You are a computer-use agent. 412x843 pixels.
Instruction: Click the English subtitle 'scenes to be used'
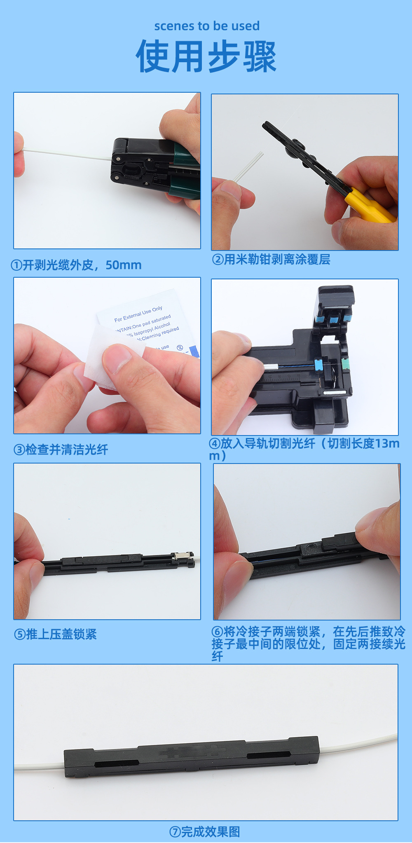207,26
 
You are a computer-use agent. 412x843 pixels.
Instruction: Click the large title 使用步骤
206,56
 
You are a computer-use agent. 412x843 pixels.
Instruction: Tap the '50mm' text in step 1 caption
123,265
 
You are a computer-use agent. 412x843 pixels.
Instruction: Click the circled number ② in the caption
218,260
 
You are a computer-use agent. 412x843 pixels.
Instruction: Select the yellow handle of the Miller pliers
369,206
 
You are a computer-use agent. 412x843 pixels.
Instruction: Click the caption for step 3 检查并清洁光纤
61,450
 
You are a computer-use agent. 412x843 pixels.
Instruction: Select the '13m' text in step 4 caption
387,443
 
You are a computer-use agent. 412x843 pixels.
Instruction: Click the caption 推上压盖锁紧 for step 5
56,634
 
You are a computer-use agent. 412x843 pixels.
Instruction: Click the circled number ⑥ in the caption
217,632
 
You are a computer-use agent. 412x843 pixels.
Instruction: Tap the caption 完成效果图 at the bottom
205,831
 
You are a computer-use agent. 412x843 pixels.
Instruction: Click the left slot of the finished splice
116,763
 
